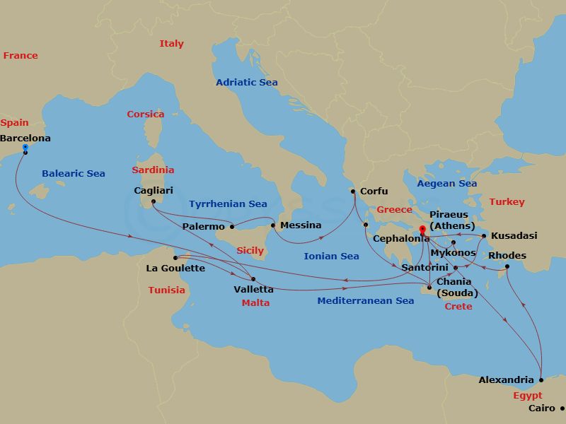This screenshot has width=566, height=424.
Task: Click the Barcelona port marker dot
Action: [25, 151]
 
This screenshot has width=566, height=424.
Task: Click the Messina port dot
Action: [272, 225]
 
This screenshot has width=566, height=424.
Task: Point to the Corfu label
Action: [374, 191]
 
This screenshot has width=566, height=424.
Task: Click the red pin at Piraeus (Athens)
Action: [422, 230]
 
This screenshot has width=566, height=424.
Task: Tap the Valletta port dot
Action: [253, 279]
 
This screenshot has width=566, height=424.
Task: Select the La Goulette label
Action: [175, 268]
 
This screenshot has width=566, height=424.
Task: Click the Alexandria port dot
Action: [541, 379]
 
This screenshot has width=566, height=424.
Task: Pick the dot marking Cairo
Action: [562, 408]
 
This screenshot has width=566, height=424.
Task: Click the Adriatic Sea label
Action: [246, 82]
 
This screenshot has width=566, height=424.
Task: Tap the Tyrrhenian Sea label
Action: [228, 204]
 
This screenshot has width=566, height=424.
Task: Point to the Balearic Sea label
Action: [74, 173]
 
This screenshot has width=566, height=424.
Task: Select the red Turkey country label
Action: [507, 202]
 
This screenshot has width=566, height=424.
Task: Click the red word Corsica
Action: [145, 114]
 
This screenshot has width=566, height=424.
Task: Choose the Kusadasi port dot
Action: [484, 236]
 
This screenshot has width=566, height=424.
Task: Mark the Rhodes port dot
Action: [507, 266]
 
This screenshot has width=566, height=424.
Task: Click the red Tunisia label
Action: [166, 290]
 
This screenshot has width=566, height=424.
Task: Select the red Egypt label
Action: [527, 396]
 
